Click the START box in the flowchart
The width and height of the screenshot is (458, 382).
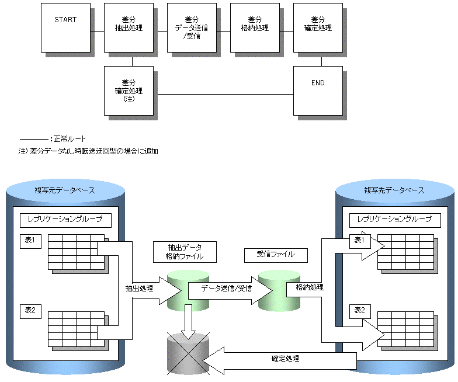coord(65,27)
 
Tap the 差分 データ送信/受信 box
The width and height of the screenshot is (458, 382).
coord(192,27)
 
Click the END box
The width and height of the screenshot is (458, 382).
coord(318,90)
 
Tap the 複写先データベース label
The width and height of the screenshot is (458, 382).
coord(394,190)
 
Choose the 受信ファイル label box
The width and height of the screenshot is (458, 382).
coord(276,255)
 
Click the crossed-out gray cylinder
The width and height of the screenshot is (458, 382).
coord(188,354)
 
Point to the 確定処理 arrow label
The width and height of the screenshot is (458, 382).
coord(285,359)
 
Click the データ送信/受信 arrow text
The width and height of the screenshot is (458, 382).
coord(227,289)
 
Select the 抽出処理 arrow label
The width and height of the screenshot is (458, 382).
coord(139,289)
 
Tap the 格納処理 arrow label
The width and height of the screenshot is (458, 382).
coord(310,287)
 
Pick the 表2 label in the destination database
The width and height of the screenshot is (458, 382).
coord(359,310)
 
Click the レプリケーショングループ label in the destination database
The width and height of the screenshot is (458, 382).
coord(394,219)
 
